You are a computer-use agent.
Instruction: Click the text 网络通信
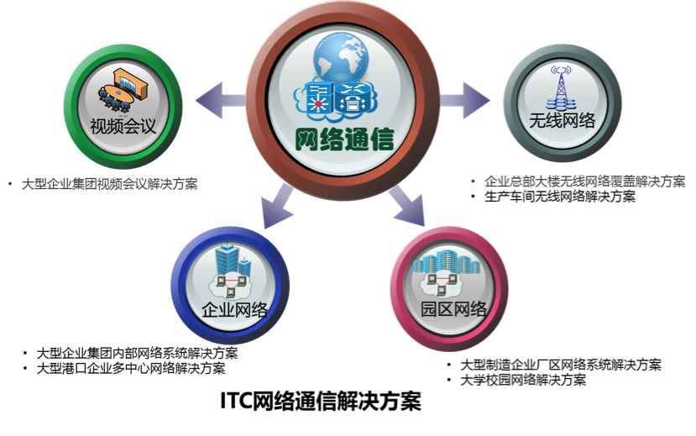click(345, 139)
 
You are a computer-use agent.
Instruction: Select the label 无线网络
click(563, 121)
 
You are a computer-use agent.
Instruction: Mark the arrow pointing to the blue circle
click(275, 206)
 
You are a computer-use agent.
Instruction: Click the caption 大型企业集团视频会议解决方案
click(109, 184)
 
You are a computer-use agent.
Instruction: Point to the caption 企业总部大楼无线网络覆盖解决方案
click(584, 181)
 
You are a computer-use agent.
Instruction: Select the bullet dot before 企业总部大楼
click(474, 181)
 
